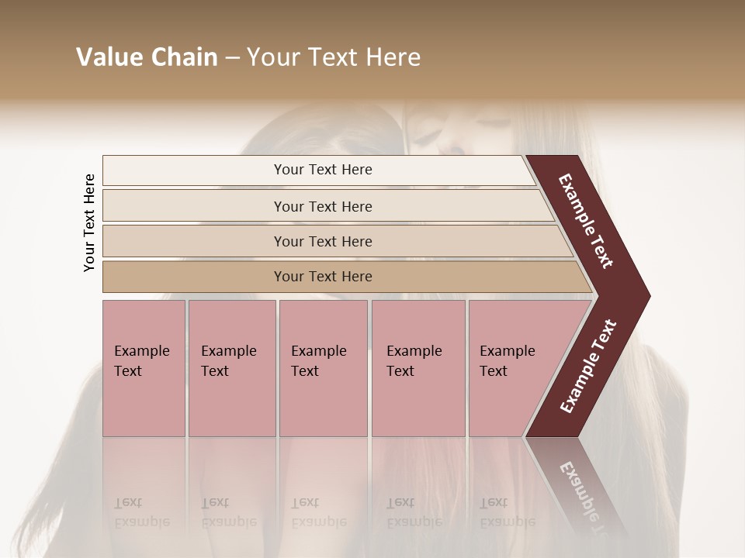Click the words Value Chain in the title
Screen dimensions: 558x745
(147, 57)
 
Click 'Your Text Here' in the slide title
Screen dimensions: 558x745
(334, 57)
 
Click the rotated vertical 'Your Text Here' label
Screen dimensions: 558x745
(89, 222)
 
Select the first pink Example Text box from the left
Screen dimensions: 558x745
(144, 368)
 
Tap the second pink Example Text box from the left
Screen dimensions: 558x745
(231, 368)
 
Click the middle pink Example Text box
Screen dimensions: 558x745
(323, 368)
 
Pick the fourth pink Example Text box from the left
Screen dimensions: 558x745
(418, 368)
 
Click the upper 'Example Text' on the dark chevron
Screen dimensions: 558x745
(587, 221)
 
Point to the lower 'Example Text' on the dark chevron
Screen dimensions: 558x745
(588, 366)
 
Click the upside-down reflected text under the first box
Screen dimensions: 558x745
(141, 512)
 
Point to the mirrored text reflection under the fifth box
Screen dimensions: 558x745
(507, 512)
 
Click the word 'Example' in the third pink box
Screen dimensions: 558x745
(318, 351)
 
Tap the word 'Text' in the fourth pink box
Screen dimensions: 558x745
(400, 371)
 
